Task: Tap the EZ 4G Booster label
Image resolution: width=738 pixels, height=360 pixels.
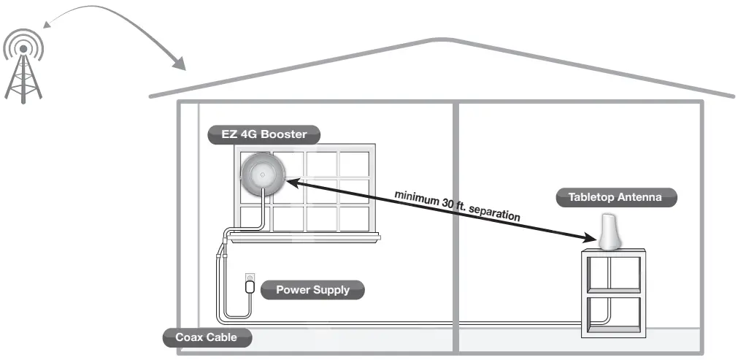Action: coord(264,134)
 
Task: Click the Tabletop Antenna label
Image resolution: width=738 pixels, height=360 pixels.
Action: coord(614,196)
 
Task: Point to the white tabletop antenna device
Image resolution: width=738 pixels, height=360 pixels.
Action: coord(610,233)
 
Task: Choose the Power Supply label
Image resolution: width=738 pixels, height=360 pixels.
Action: coord(312,290)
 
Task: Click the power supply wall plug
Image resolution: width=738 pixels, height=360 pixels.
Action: coord(250,285)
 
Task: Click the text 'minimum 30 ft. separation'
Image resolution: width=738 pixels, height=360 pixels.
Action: coord(457,206)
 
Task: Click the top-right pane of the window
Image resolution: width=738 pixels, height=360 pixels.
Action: coord(354,164)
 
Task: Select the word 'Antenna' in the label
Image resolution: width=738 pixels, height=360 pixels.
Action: coord(640,196)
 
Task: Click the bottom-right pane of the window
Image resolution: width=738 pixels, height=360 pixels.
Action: coord(354,218)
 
